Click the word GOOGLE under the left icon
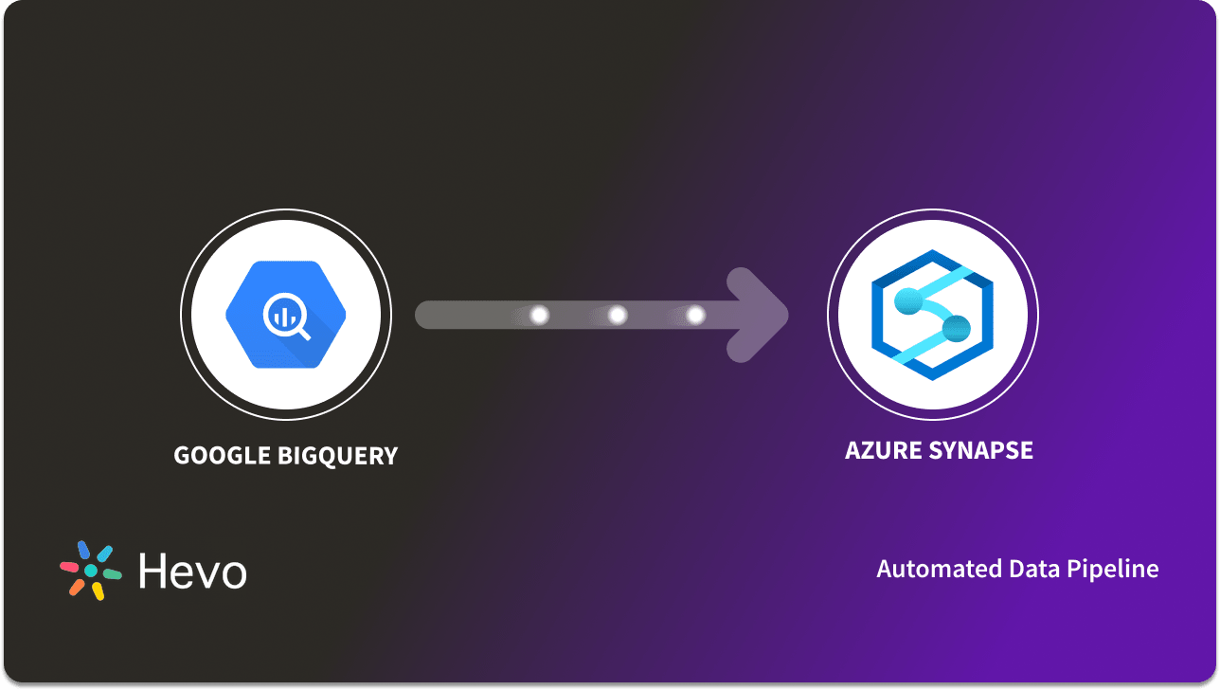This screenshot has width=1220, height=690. (223, 456)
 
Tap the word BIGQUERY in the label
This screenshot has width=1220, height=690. (337, 456)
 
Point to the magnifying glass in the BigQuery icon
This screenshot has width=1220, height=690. (289, 318)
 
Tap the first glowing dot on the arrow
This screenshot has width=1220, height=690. (540, 315)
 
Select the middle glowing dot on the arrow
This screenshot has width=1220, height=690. (618, 315)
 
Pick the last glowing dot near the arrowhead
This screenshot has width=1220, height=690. (695, 315)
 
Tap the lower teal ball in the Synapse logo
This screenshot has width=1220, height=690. (957, 329)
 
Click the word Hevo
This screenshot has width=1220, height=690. (192, 572)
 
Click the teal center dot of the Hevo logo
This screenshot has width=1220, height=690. (91, 571)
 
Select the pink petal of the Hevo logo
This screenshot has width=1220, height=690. (69, 567)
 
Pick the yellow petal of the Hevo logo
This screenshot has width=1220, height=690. (97, 590)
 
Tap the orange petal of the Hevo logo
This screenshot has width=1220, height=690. (77, 587)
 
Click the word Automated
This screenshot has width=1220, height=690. (925, 569)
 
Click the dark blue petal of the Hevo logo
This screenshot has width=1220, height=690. (83, 550)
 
